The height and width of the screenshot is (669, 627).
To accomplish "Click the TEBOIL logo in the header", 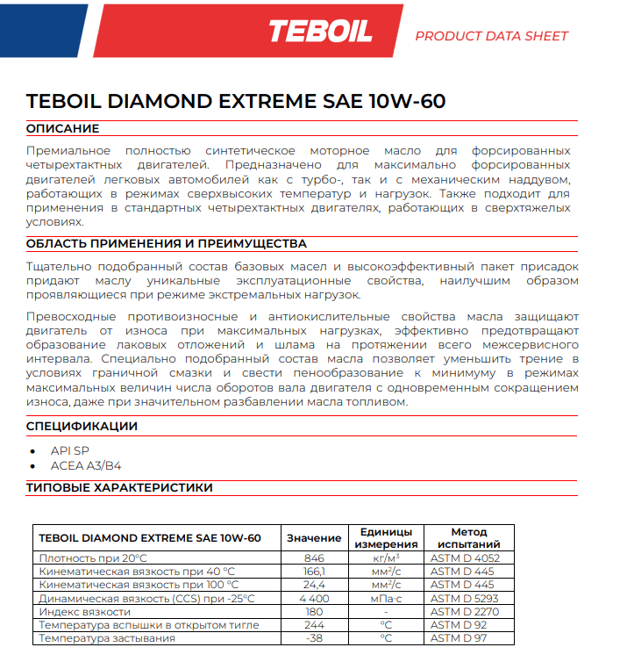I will click(320, 32).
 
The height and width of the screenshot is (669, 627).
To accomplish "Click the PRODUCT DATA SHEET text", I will click(491, 36).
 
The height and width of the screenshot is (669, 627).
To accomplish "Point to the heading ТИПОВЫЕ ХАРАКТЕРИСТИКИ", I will click(119, 487).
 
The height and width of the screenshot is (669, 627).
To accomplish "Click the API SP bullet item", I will click(70, 450).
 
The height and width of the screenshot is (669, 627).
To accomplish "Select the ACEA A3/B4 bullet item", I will click(85, 466).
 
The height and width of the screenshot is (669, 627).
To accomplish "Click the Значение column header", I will click(313, 538).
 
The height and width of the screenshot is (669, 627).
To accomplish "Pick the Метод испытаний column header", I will click(468, 538).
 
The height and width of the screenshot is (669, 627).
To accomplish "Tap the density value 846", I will click(313, 558).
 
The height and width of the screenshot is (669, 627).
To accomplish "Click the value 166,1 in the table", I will click(313, 572).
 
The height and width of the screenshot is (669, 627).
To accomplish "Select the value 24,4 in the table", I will click(313, 585).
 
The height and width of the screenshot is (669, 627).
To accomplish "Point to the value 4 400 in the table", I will click(313, 598).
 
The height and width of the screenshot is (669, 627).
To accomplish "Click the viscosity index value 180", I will click(313, 611).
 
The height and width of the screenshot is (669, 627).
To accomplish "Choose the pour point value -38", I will click(313, 638).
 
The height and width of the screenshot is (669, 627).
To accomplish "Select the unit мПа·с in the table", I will click(386, 598).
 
